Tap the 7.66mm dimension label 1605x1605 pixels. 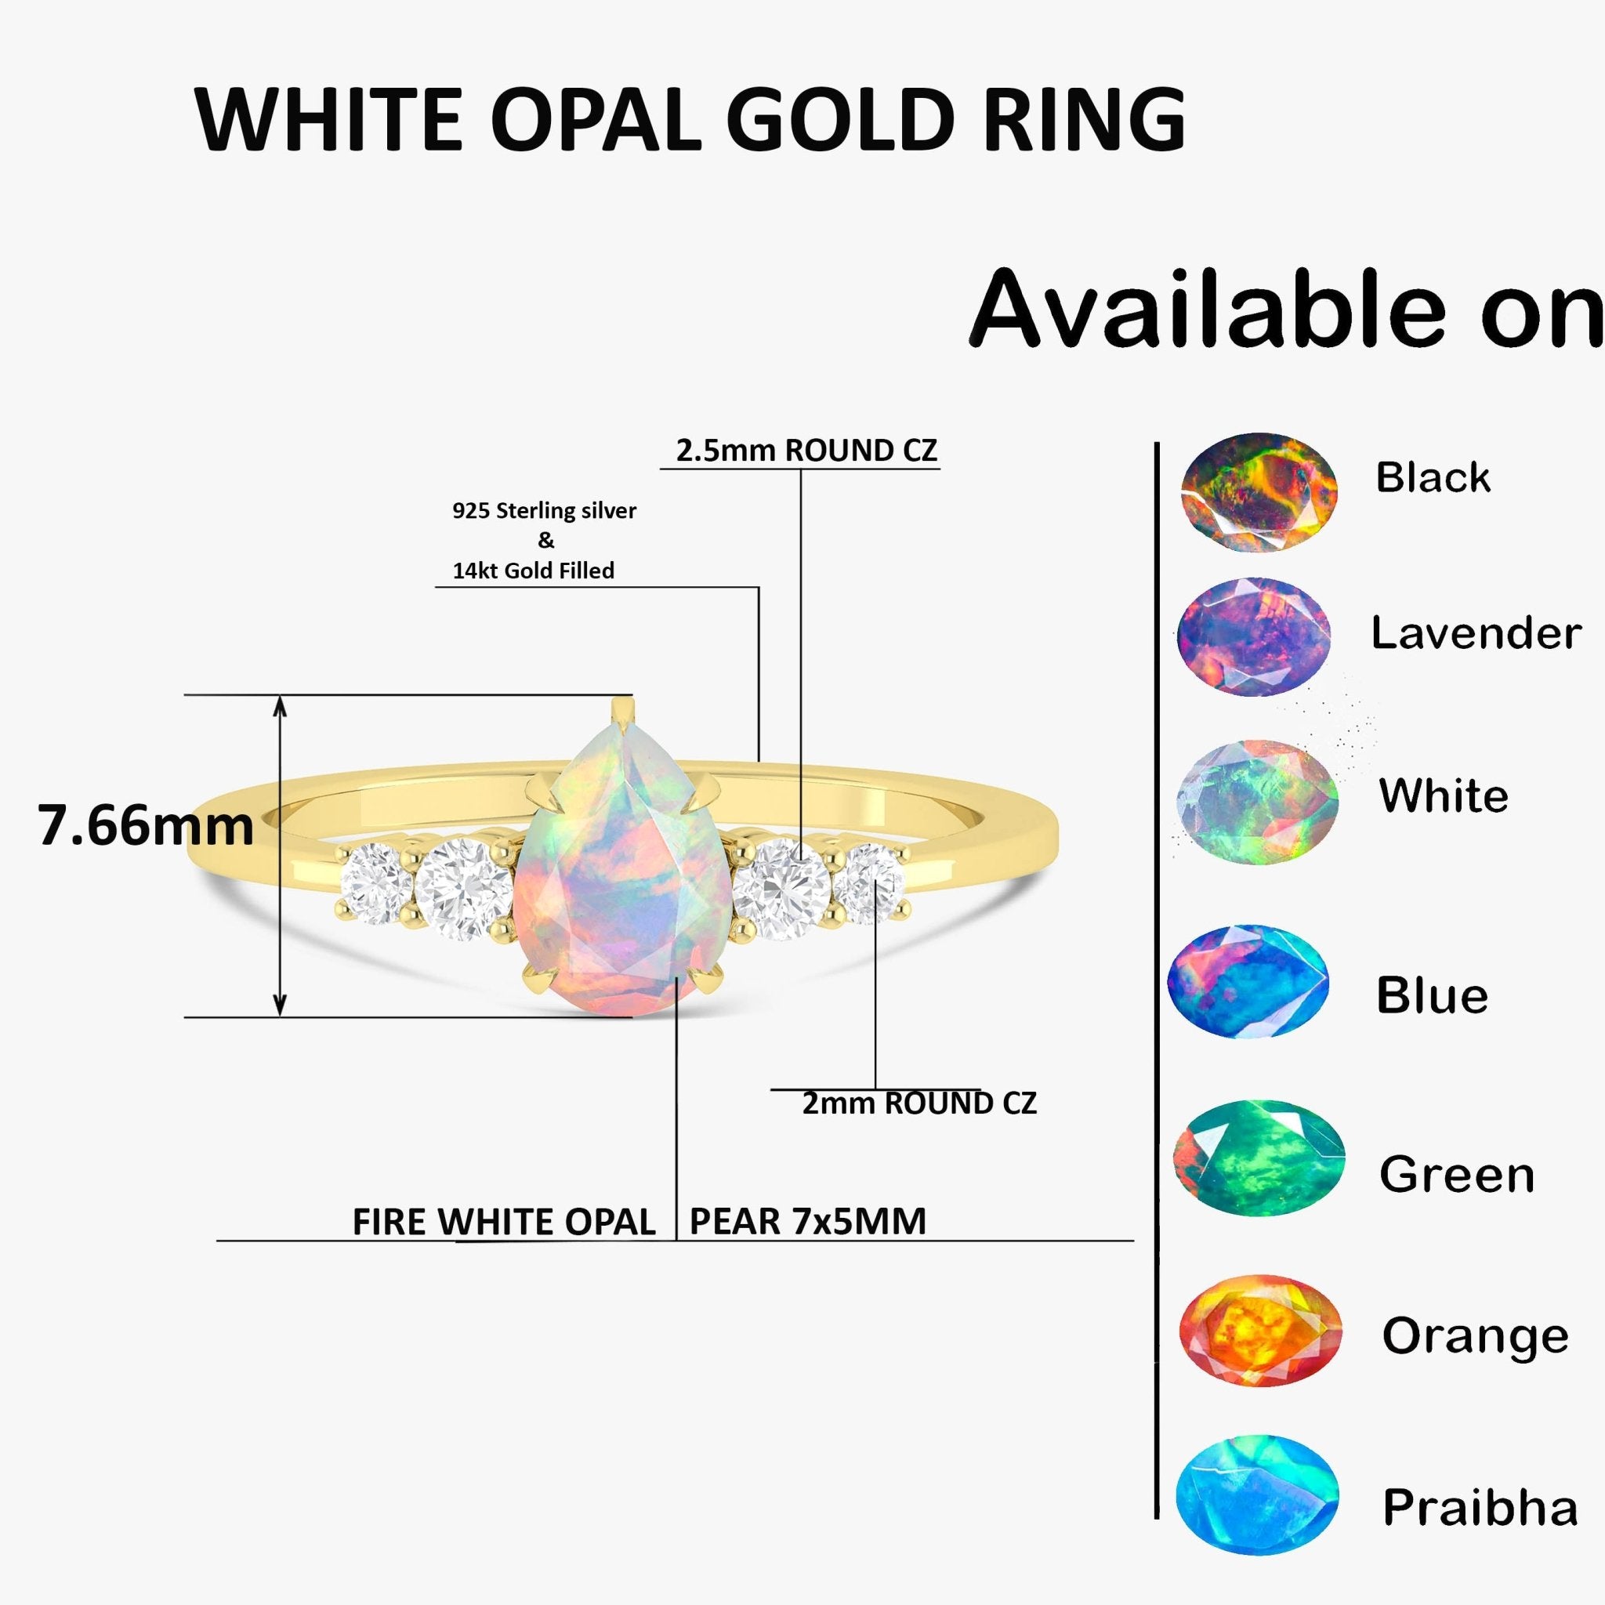tap(146, 827)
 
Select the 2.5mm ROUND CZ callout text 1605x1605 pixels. tap(806, 451)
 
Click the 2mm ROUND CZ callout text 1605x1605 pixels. tap(918, 1104)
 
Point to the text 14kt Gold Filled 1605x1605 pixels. tap(534, 571)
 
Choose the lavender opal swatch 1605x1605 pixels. tap(1254, 636)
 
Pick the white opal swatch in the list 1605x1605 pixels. tap(1257, 802)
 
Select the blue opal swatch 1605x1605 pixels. tap(1248, 981)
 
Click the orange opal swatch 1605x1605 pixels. tap(1260, 1331)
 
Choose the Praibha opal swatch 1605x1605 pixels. tap(1257, 1505)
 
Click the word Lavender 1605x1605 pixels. tap(1476, 634)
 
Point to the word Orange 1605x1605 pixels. tap(1476, 1336)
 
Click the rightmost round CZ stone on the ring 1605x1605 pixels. tap(868, 883)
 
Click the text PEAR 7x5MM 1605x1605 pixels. tap(807, 1222)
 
